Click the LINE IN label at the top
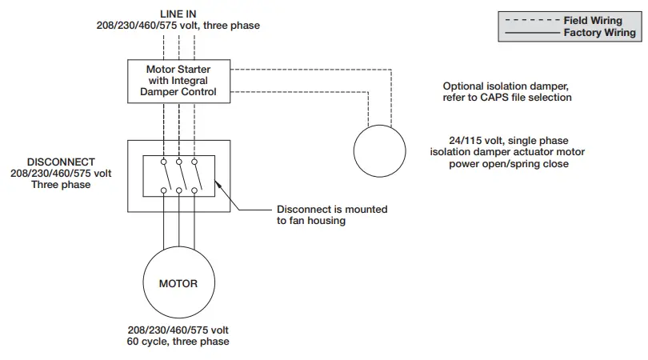[x=178, y=14]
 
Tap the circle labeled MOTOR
[x=178, y=283]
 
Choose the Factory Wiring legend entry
[x=599, y=33]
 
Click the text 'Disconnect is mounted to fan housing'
[x=332, y=214]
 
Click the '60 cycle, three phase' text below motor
[x=178, y=342]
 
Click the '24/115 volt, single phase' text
[x=509, y=139]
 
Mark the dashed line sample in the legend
[x=529, y=21]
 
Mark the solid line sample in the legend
[x=529, y=33]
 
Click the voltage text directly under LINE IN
[x=178, y=26]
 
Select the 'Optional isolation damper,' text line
[x=509, y=86]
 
